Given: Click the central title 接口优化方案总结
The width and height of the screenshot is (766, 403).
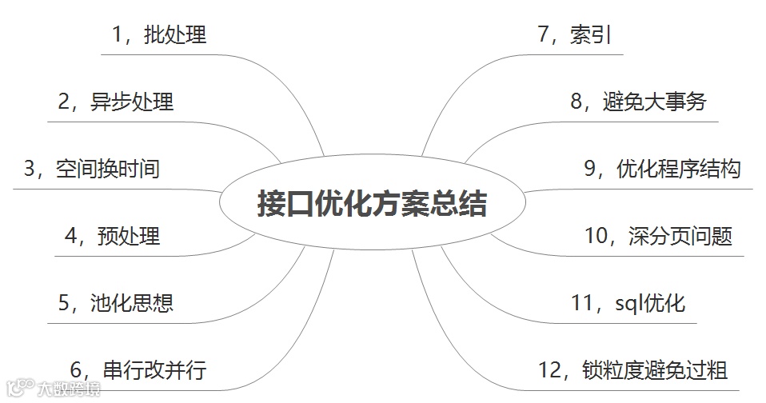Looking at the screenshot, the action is pyautogui.click(x=372, y=203).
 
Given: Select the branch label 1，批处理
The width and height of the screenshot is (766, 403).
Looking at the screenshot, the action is pyautogui.click(x=159, y=35).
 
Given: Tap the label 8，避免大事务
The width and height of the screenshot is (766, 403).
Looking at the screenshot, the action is pyautogui.click(x=638, y=102).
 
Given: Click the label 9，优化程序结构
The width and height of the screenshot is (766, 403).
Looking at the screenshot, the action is pyautogui.click(x=663, y=170).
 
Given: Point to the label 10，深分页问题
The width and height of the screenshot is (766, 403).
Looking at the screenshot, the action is pyautogui.click(x=658, y=237).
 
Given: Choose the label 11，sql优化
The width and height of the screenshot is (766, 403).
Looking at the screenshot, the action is pyautogui.click(x=628, y=304).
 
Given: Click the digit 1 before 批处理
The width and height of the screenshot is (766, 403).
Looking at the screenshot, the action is pyautogui.click(x=118, y=35).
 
